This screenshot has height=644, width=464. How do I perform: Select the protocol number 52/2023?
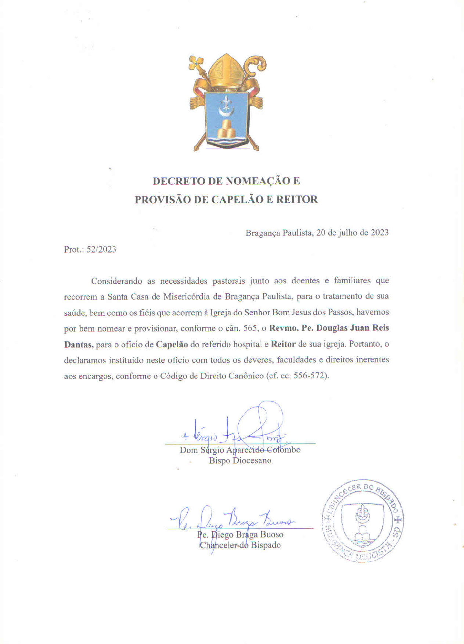101,249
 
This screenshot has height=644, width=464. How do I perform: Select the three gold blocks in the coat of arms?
226,129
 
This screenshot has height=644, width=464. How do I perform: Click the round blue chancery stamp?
363,521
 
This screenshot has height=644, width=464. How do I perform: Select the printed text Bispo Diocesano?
240,460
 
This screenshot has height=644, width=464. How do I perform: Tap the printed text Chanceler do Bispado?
240,545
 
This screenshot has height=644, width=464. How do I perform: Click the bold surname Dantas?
79,344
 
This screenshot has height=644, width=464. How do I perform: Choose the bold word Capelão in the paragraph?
172,344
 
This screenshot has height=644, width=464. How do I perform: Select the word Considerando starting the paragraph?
116,281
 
